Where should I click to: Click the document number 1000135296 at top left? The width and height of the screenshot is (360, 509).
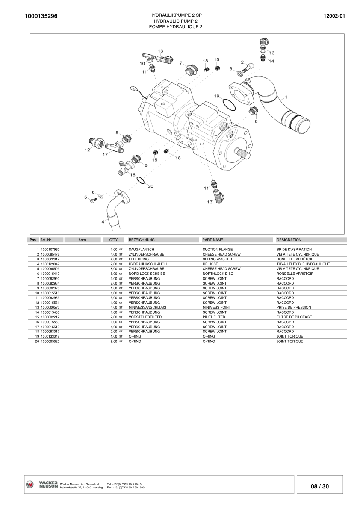[x=41, y=16]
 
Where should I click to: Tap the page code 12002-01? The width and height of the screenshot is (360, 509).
[x=335, y=16]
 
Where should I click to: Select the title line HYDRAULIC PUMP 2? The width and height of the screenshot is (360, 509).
[x=175, y=21]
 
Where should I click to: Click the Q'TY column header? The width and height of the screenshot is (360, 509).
[x=113, y=240]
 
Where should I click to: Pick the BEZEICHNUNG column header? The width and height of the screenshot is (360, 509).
[x=142, y=240]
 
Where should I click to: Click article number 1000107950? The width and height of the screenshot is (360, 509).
[x=50, y=249]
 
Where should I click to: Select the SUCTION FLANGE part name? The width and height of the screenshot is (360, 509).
[x=218, y=249]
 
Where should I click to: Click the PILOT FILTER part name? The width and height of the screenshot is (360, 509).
[x=214, y=317]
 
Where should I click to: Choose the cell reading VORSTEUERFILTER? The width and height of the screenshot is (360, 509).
[x=145, y=317]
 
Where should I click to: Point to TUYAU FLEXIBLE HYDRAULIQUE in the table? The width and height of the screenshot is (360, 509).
[x=303, y=264]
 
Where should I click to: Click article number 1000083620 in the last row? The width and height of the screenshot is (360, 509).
[x=50, y=341]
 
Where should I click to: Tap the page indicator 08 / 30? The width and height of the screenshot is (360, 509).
[x=320, y=486]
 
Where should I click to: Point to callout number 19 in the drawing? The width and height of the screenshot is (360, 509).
[x=217, y=96]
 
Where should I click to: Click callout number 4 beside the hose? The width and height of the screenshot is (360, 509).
[x=103, y=222]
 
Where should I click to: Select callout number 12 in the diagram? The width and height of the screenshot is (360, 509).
[x=87, y=150]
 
